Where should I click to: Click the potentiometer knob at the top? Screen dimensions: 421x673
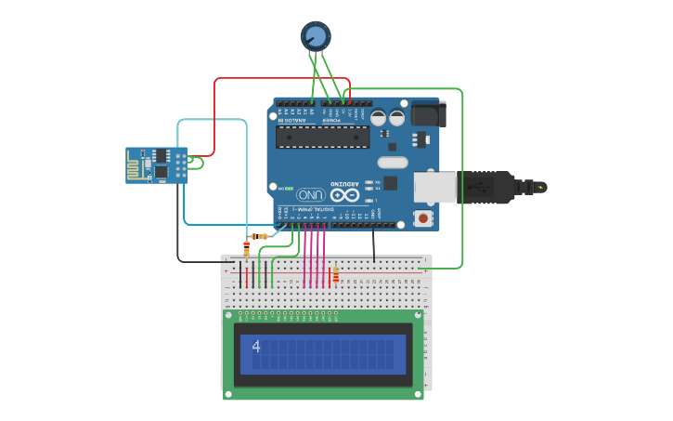tap(316, 35)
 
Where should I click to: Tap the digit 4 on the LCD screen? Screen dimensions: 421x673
tap(256, 348)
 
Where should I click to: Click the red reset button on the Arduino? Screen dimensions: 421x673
tap(423, 218)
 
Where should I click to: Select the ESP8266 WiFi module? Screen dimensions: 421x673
tap(156, 164)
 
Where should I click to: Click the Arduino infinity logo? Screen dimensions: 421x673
tap(343, 195)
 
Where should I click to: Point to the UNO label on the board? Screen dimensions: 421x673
tap(311, 195)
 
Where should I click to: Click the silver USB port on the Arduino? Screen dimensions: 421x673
tap(434, 187)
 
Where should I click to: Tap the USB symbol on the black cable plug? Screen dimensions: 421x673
tap(483, 187)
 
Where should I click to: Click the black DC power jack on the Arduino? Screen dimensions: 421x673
tap(429, 114)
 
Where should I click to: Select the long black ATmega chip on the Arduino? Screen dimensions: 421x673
tap(323, 138)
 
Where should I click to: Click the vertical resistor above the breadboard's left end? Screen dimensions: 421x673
tap(246, 248)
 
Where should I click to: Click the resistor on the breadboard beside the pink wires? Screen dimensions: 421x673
tap(335, 275)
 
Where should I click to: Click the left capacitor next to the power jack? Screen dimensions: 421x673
tap(379, 118)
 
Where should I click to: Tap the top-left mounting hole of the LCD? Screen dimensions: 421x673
tap(229, 316)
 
